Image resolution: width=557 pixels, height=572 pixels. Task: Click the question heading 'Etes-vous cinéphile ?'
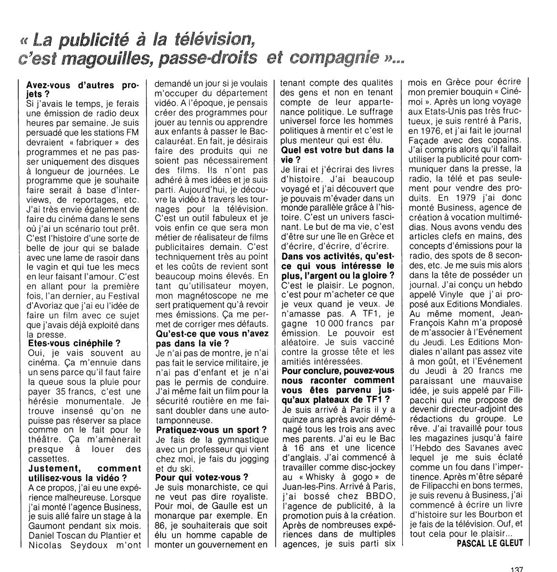pyautogui.click(x=74, y=343)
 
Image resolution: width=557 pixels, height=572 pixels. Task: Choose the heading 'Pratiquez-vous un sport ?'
pyautogui.click(x=212, y=429)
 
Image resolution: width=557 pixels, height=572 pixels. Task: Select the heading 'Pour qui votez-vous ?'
pyautogui.click(x=203, y=477)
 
